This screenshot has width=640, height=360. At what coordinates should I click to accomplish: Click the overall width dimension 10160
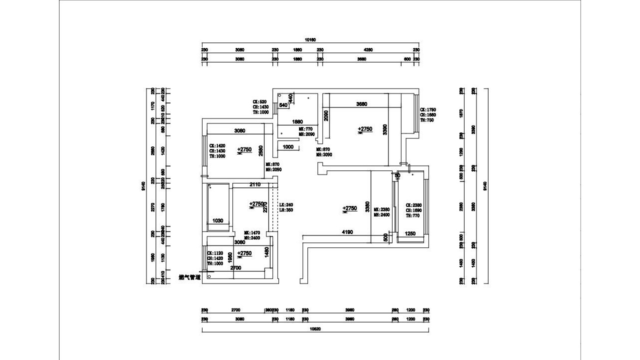(310, 39)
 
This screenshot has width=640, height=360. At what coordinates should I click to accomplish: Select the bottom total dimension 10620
(315, 328)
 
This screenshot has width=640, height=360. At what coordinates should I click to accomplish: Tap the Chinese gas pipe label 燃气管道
(189, 277)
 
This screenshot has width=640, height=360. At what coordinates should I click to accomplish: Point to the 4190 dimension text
(347, 232)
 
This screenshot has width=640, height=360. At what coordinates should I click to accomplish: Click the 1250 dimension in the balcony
(410, 233)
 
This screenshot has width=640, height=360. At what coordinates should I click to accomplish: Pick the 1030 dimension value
(217, 220)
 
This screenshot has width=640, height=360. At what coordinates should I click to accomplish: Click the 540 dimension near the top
(283, 105)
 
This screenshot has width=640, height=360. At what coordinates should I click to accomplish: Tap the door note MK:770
(305, 129)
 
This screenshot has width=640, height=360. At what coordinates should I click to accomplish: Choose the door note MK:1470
(253, 233)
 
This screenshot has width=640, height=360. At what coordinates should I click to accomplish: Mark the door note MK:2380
(381, 209)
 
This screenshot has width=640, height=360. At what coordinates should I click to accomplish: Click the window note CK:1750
(428, 109)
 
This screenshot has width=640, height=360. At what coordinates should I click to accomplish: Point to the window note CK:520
(260, 101)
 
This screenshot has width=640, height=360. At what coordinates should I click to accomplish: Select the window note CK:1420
(217, 145)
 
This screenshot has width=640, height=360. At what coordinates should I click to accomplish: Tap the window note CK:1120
(215, 253)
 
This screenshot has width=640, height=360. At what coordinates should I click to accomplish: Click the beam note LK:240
(285, 204)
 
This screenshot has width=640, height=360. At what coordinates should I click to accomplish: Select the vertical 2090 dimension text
(325, 116)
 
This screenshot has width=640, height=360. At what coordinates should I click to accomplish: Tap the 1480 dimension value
(267, 251)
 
